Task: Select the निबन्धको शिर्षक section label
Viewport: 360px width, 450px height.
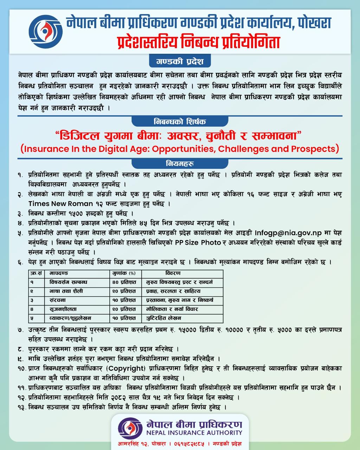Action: click(x=180, y=121)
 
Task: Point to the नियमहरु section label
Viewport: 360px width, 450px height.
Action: click(x=180, y=163)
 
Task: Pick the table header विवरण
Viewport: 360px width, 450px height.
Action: click(x=173, y=273)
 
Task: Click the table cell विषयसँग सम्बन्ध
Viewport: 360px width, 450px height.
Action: click(x=66, y=282)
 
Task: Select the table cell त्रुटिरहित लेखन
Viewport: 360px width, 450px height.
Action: click(x=164, y=318)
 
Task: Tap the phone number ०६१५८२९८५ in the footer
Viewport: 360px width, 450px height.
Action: click(x=187, y=444)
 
